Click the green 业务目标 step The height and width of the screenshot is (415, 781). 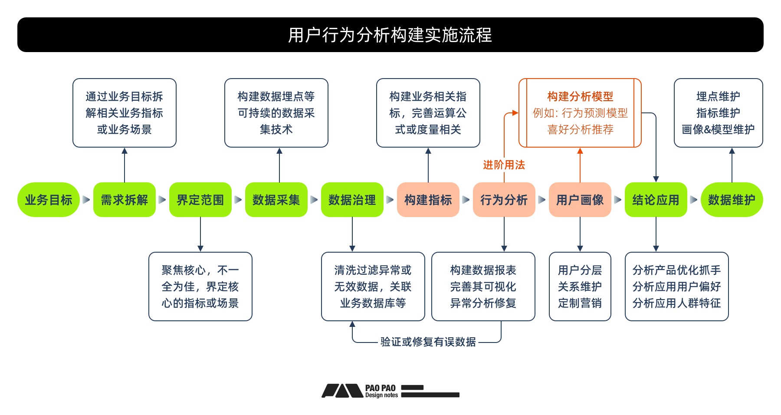pyautogui.click(x=48, y=200)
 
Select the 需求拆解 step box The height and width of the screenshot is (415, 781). pyautogui.click(x=125, y=200)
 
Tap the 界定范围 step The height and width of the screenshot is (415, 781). pyautogui.click(x=200, y=200)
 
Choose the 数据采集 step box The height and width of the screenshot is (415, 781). pyautogui.click(x=276, y=200)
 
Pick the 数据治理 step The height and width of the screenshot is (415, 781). pyautogui.click(x=352, y=200)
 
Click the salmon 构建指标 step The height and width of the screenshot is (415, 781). pyautogui.click(x=428, y=200)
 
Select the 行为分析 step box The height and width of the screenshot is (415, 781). pyautogui.click(x=504, y=200)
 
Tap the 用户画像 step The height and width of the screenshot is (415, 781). pyautogui.click(x=580, y=200)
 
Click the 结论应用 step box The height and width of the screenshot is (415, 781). pyautogui.click(x=656, y=200)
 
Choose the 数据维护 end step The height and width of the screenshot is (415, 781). pyautogui.click(x=732, y=200)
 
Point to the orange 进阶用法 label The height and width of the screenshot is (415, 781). pyautogui.click(x=504, y=165)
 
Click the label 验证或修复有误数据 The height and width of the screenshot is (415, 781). pyautogui.click(x=428, y=342)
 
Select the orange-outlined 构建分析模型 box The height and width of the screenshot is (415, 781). pyautogui.click(x=580, y=113)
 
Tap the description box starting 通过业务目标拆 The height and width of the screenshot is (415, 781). pyautogui.click(x=125, y=113)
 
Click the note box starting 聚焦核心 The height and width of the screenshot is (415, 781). pyautogui.click(x=200, y=287)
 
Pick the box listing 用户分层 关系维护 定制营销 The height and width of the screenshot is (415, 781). pyautogui.click(x=580, y=287)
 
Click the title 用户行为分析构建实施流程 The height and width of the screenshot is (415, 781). pyautogui.click(x=390, y=35)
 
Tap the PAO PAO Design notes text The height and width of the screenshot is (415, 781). pyautogui.click(x=381, y=391)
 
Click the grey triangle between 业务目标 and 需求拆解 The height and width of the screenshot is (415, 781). pyautogui.click(x=86, y=200)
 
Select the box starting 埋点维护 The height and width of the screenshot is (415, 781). pyautogui.click(x=719, y=113)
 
